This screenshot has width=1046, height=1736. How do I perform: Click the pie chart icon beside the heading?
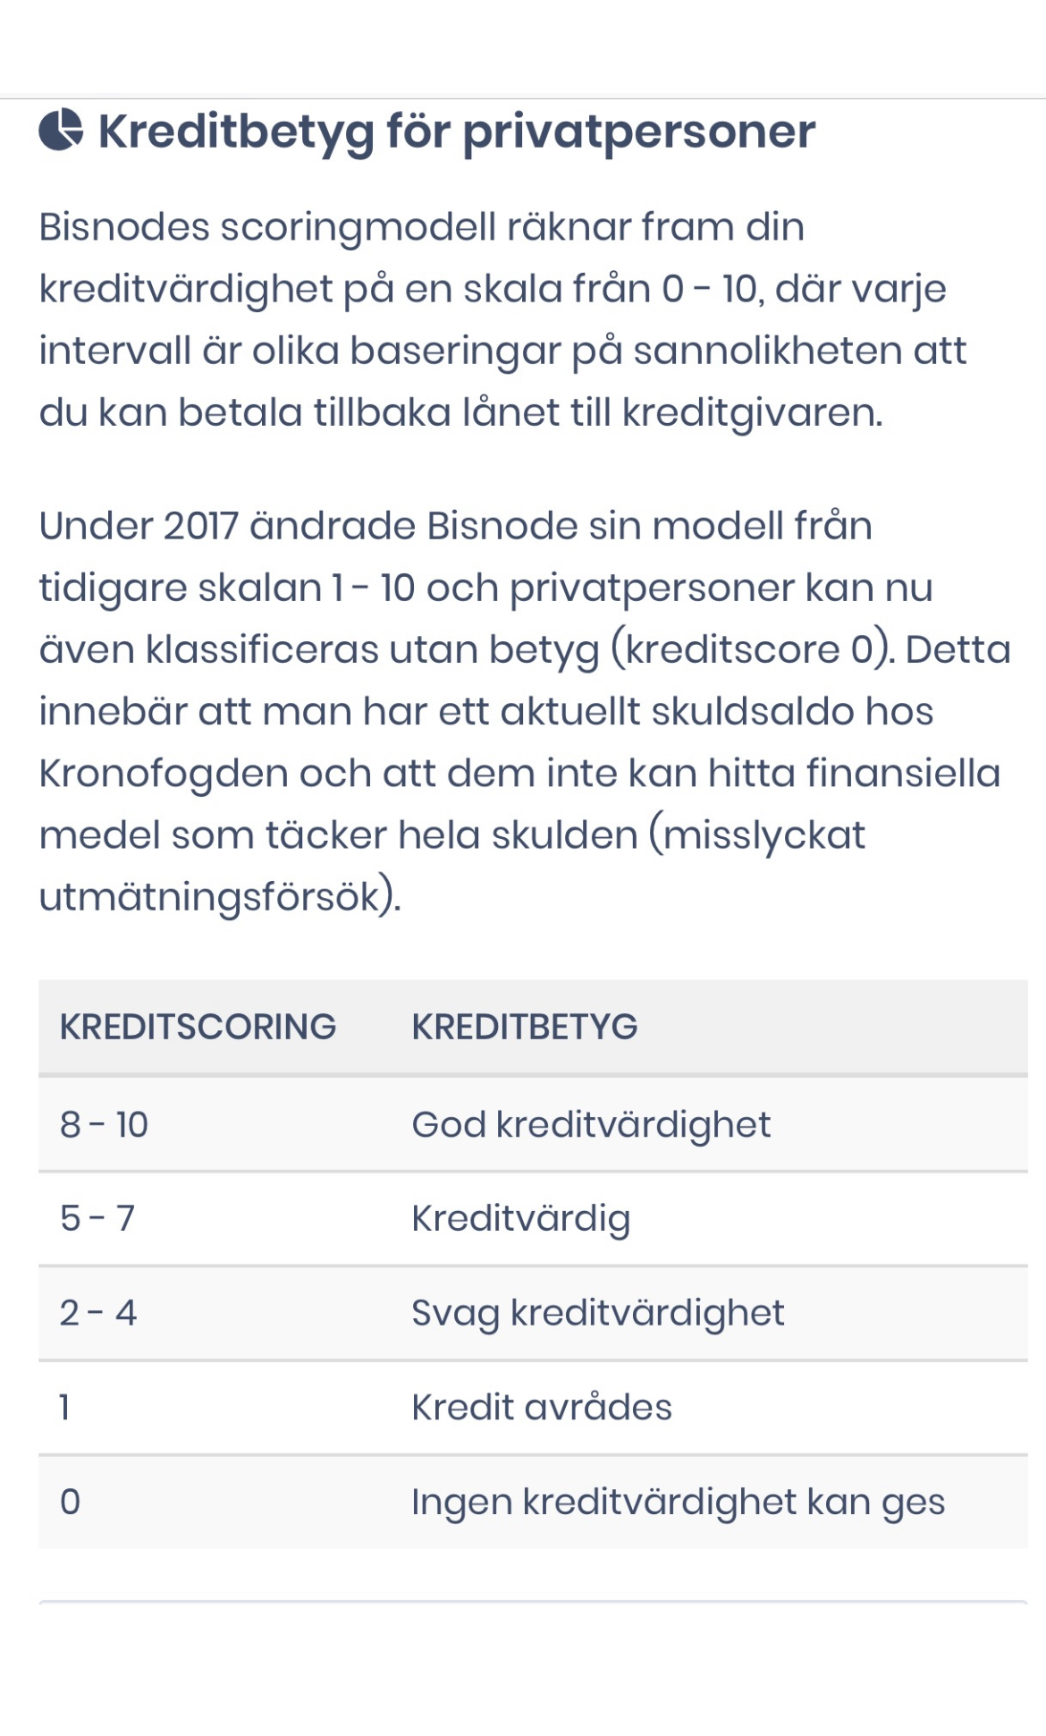tap(61, 131)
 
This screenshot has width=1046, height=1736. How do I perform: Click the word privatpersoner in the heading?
tap(638, 132)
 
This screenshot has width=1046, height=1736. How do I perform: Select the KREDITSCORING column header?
tap(198, 1027)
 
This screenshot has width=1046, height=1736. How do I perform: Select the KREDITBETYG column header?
tap(524, 1027)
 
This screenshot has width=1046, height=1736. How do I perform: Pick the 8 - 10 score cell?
tap(104, 1124)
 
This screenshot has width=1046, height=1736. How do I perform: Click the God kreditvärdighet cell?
tap(590, 1124)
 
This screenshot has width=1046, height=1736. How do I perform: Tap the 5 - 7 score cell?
tap(97, 1218)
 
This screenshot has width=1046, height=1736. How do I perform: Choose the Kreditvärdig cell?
tap(520, 1218)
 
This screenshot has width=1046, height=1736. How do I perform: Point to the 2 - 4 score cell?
tap(98, 1313)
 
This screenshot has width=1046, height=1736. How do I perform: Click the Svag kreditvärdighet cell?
tap(597, 1313)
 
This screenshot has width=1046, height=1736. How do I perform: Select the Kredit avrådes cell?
tap(541, 1408)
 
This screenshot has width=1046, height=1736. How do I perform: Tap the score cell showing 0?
tap(70, 1502)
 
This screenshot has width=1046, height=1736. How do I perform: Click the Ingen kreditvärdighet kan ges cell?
tap(678, 1502)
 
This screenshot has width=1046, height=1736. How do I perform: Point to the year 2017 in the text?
tap(201, 526)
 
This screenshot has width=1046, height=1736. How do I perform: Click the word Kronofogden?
tap(163, 774)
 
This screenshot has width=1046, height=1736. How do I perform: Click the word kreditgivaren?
tap(751, 413)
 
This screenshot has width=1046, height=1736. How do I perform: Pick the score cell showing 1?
tap(65, 1408)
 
